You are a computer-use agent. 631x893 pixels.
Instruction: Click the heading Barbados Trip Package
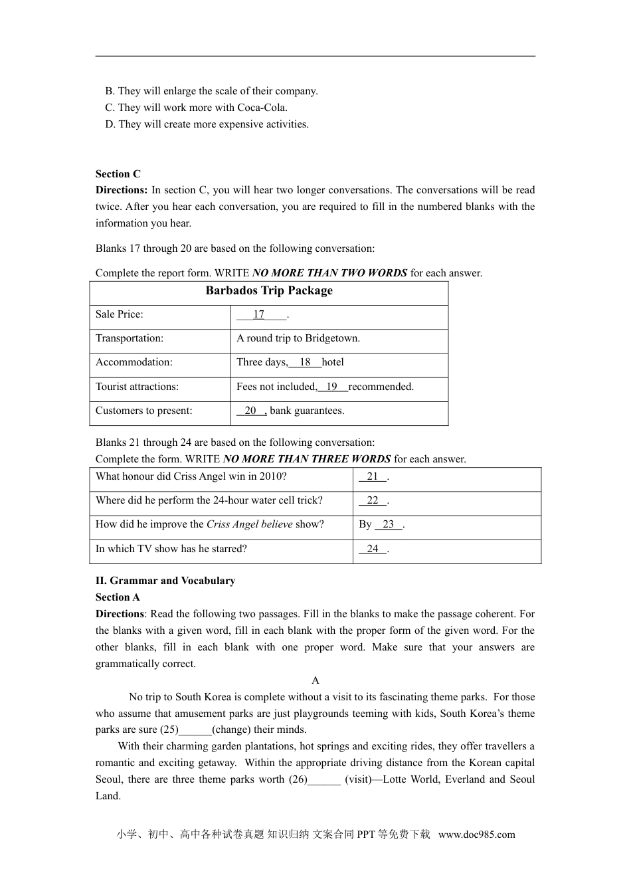(269, 291)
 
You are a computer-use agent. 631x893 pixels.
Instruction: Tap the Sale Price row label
(120, 314)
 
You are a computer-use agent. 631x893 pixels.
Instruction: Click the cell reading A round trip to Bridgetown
(298, 338)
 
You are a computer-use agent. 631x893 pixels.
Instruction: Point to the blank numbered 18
(305, 363)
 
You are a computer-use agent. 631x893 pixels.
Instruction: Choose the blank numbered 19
(332, 387)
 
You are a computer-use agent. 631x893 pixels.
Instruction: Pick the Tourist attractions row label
(137, 387)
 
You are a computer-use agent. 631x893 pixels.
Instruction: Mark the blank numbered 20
(250, 411)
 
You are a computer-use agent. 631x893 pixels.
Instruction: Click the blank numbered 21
(373, 477)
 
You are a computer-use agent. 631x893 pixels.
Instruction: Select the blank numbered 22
(373, 501)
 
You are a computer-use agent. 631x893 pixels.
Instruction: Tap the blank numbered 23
(389, 525)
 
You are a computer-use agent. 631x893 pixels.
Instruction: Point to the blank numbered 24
(373, 549)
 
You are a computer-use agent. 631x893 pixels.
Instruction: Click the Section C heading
(118, 174)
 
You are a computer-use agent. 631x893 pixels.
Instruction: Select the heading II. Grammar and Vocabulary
(165, 581)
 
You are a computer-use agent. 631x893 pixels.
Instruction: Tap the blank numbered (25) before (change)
(195, 730)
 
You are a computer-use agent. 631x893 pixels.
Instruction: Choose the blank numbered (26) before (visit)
(324, 779)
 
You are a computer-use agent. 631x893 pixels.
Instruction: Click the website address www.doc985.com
(476, 835)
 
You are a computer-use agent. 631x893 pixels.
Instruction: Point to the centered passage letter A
(315, 680)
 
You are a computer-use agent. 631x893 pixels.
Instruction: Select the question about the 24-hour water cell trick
(209, 501)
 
